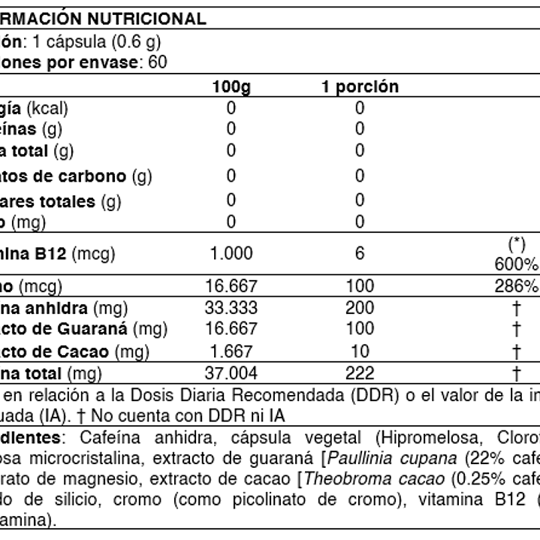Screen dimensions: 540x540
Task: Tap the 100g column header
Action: pyautogui.click(x=231, y=87)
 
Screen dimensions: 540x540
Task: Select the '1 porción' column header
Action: pyautogui.click(x=360, y=87)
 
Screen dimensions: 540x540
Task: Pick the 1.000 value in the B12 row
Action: pyautogui.click(x=231, y=254)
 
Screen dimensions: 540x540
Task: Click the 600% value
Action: pyautogui.click(x=516, y=265)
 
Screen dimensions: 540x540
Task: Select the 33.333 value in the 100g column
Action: pyautogui.click(x=231, y=308)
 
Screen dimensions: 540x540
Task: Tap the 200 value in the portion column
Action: pyautogui.click(x=360, y=308)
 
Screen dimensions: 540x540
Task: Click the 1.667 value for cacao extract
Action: pyautogui.click(x=231, y=351)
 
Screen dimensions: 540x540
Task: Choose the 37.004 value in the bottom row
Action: pyautogui.click(x=231, y=373)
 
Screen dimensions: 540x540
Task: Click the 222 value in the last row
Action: pyautogui.click(x=360, y=373)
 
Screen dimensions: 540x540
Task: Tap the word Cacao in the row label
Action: pyautogui.click(x=85, y=351)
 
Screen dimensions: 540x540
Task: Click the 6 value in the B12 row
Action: pyautogui.click(x=360, y=254)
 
